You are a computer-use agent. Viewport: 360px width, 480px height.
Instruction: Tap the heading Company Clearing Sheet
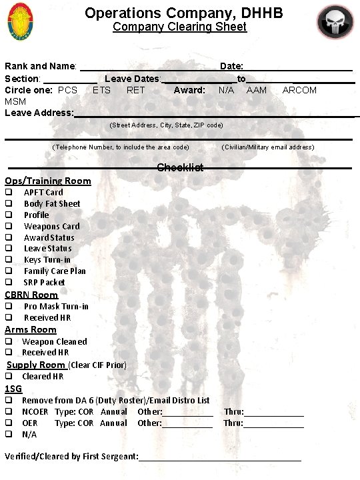tap(179, 27)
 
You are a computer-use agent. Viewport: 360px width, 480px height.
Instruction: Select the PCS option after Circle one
tap(67, 90)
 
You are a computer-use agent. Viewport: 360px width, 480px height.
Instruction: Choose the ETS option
tap(101, 90)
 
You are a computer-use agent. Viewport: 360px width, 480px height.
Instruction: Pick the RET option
tap(135, 90)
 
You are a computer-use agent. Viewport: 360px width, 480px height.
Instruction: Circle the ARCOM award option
tap(299, 90)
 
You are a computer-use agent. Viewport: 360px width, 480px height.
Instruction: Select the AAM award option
tap(257, 90)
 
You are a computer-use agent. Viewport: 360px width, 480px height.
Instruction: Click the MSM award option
tap(15, 101)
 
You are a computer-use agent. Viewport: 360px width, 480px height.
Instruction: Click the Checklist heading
tap(180, 167)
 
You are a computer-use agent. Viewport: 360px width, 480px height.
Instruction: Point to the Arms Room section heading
tap(31, 329)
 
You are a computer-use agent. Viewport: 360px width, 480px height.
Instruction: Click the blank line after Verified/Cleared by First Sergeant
tap(220, 457)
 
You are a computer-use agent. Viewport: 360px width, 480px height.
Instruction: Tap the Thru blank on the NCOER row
tap(274, 412)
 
